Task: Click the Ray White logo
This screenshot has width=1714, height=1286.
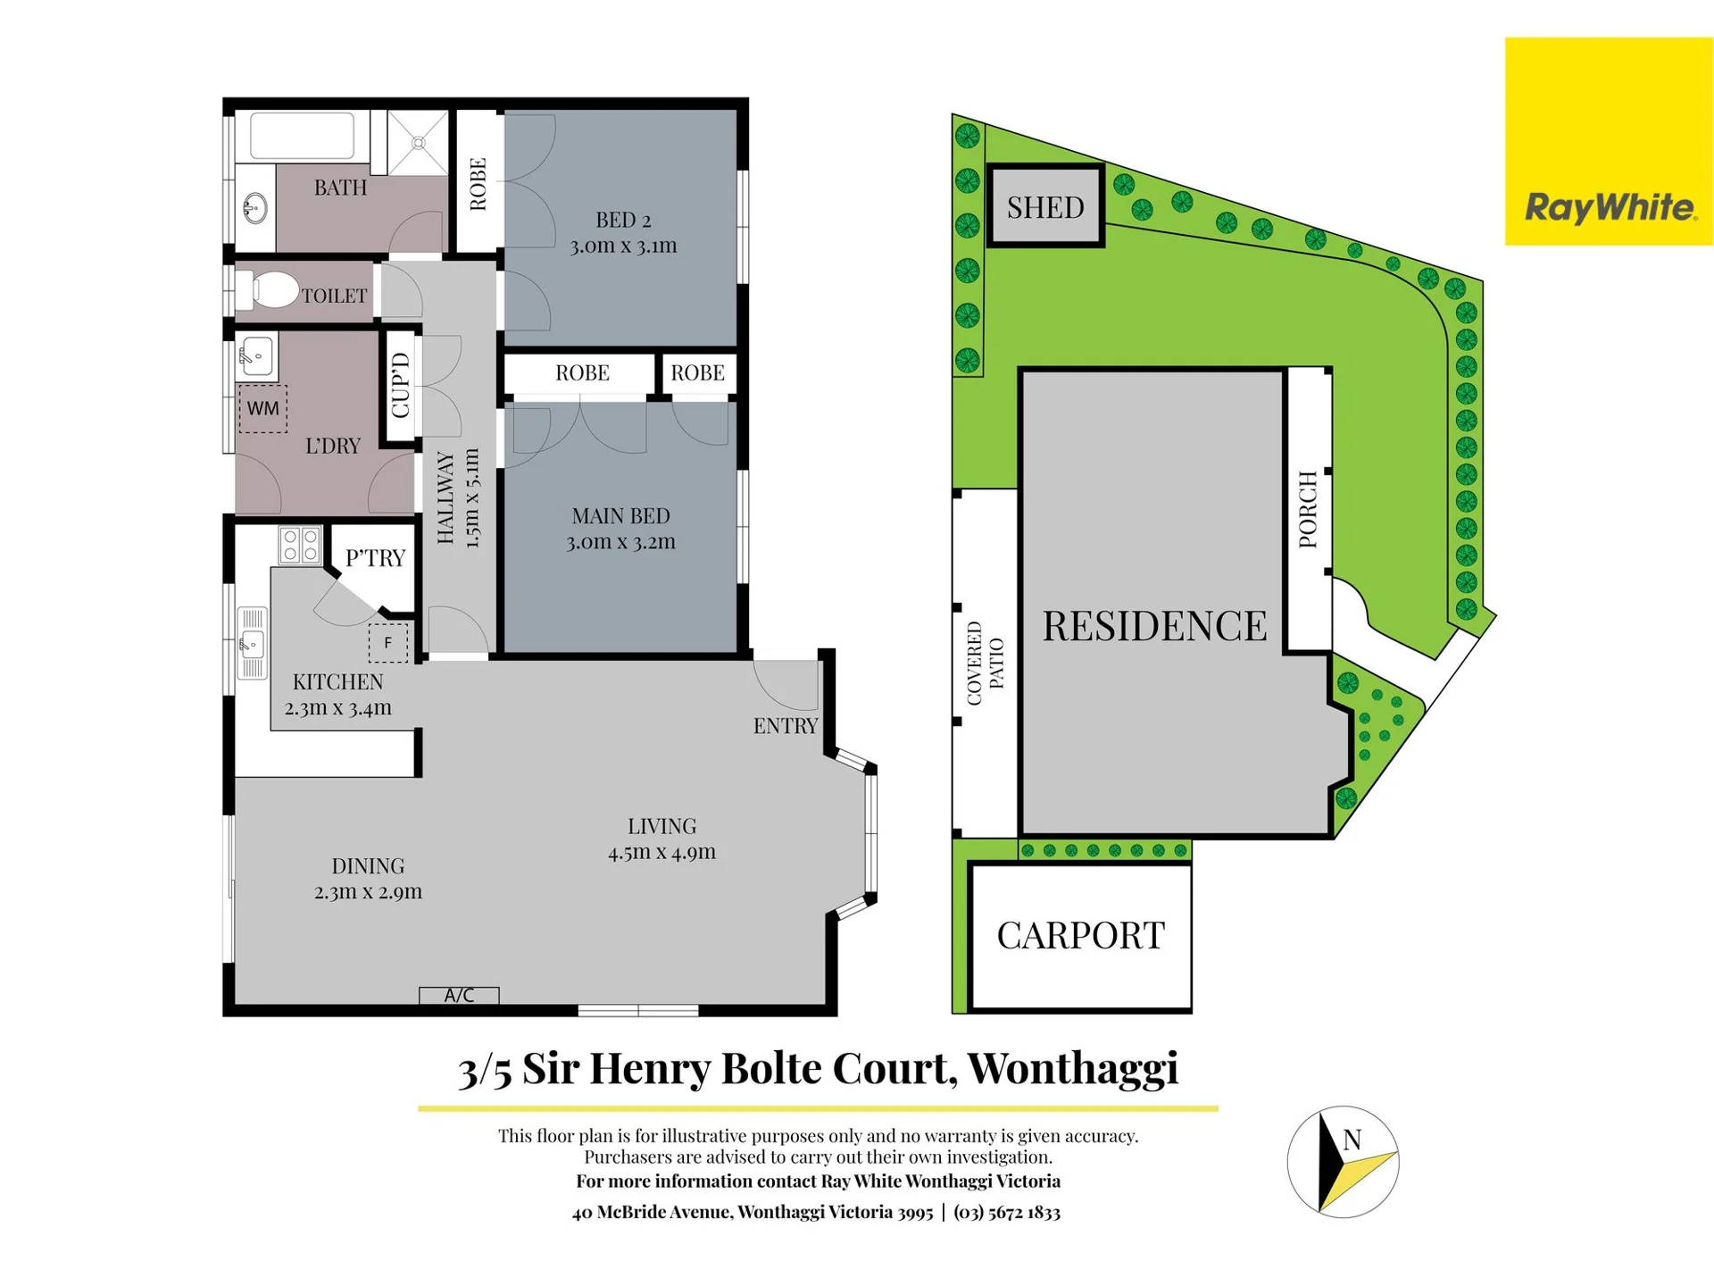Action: pos(1609,141)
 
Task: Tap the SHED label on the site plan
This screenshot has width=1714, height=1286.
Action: pos(1045,207)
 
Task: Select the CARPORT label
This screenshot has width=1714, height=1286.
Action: pos(1080,936)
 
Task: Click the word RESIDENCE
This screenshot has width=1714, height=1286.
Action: pos(1154,625)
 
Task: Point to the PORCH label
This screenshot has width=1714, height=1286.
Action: pos(1308,509)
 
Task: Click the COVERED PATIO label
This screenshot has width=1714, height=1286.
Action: pos(986,664)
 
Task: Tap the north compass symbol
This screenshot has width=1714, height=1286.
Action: pos(1343,1162)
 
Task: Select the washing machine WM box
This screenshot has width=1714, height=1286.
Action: pos(262,409)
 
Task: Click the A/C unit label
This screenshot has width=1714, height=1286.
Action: pos(459,995)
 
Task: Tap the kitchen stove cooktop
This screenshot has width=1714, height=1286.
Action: pos(300,545)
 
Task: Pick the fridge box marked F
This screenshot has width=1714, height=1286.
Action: pos(388,643)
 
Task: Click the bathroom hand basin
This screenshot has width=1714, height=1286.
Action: pos(254,209)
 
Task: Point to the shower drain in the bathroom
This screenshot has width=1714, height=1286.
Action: pos(419,143)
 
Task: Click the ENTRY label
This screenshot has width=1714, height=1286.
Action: pos(786,726)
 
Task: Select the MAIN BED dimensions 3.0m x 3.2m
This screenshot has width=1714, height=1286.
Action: pos(620,542)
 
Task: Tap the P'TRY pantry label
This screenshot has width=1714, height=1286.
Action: pos(375,558)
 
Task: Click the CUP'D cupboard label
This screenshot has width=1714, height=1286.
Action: pos(400,385)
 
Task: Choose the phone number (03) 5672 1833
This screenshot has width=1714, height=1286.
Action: pos(1007,1212)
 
